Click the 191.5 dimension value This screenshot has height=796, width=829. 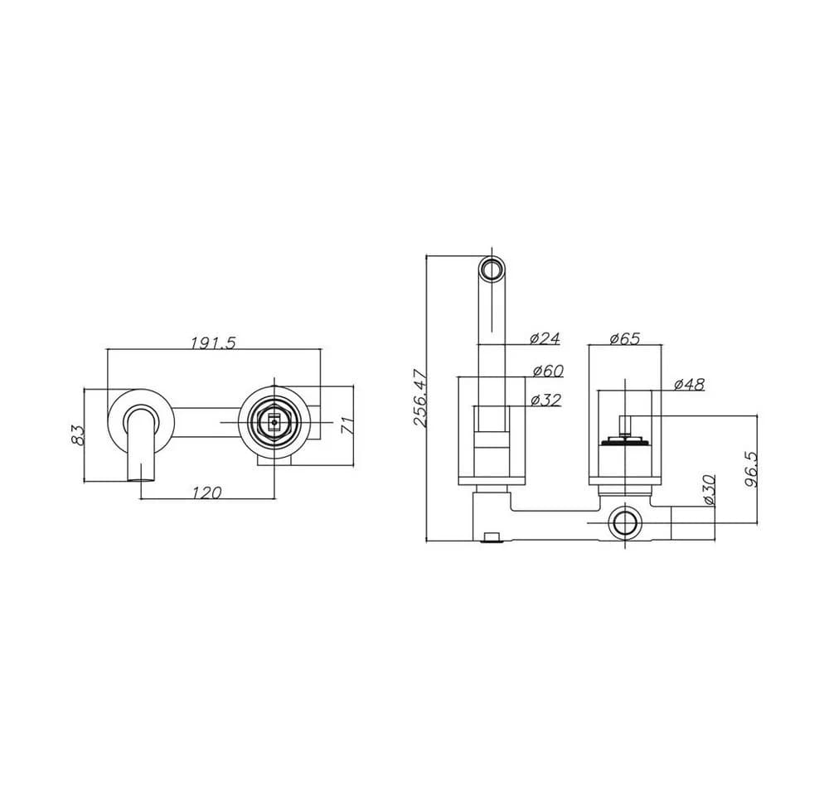pyautogui.click(x=213, y=342)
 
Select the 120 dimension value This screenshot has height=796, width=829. pyautogui.click(x=206, y=493)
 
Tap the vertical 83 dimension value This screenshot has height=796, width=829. pyautogui.click(x=78, y=434)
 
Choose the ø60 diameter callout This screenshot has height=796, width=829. pyautogui.click(x=548, y=371)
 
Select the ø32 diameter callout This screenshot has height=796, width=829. pyautogui.click(x=545, y=400)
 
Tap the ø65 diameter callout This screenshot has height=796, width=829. pyautogui.click(x=625, y=338)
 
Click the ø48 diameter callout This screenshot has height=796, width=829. pyautogui.click(x=690, y=385)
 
